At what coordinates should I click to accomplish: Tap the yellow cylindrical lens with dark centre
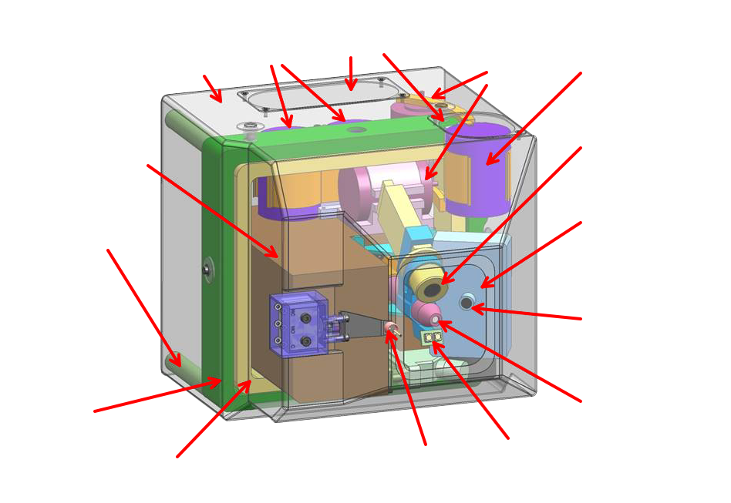pyautogui.click(x=433, y=287)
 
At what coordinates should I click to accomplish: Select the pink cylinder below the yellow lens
pyautogui.click(x=426, y=313)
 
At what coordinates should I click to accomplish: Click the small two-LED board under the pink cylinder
pyautogui.click(x=433, y=337)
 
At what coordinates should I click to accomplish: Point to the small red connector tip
pyautogui.click(x=392, y=330)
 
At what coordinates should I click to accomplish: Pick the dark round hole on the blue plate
pyautogui.click(x=467, y=302)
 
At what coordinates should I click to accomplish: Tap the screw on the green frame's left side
pyautogui.click(x=207, y=269)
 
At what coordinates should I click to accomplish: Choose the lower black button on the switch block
pyautogui.click(x=306, y=340)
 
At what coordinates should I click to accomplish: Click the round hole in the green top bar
pyautogui.click(x=355, y=130)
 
